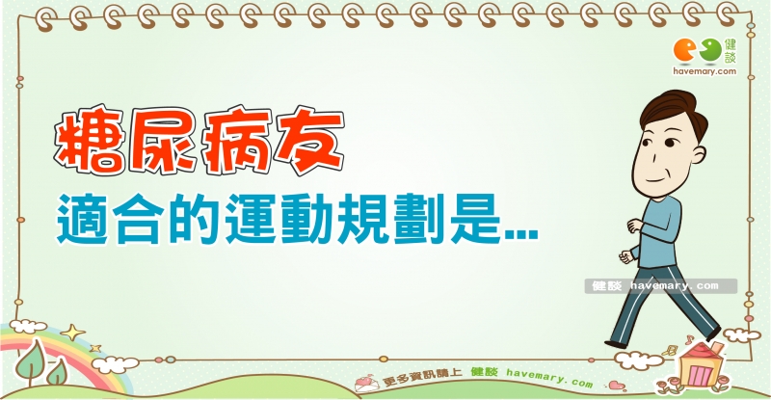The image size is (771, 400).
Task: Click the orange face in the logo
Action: point(685,51)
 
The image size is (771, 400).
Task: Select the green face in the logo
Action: point(710,50)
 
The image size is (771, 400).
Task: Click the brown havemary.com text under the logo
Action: point(705,71)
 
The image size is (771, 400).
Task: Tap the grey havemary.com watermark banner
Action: point(661,286)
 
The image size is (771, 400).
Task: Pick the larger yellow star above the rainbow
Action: point(73,333)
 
